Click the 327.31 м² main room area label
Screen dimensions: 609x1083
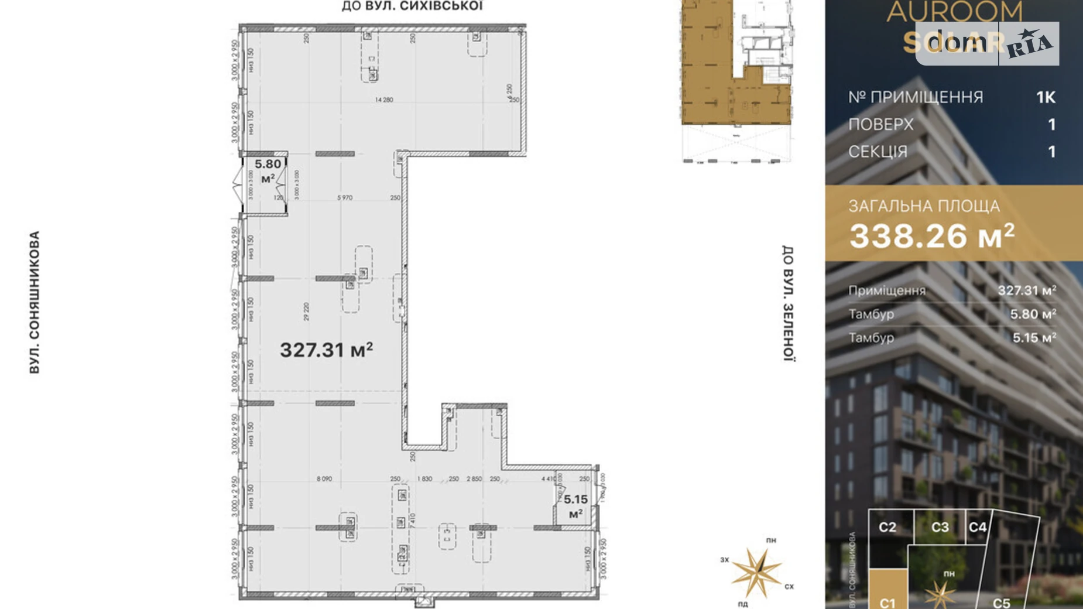(326, 350)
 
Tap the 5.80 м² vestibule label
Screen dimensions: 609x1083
(268, 170)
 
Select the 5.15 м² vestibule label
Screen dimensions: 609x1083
(575, 506)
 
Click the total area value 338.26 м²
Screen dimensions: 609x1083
(931, 236)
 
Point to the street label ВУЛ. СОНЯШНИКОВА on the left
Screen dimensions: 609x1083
(35, 302)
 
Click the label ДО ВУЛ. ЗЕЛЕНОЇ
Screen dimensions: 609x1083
(788, 303)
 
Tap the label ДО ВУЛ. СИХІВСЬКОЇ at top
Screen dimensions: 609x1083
(412, 6)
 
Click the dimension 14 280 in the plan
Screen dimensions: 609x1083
(384, 100)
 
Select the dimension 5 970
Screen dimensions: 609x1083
(345, 198)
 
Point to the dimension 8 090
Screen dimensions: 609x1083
(324, 479)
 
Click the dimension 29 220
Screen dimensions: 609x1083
(306, 312)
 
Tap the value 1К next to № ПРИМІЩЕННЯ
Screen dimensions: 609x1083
(1046, 97)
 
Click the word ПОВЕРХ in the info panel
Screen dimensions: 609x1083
(880, 125)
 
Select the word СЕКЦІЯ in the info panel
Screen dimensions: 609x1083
(878, 152)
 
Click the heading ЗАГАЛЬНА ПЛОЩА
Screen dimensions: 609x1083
(924, 206)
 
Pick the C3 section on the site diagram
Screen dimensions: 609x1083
(940, 527)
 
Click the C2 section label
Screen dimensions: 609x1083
(887, 527)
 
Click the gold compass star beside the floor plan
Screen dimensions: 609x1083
(756, 572)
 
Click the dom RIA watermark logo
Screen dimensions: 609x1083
(987, 43)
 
